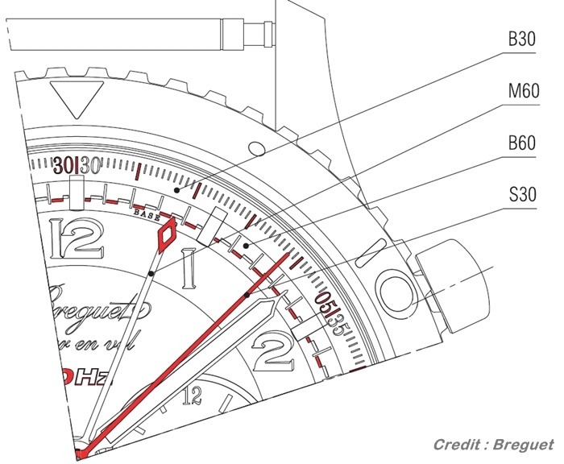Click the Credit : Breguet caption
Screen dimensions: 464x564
point(493,445)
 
